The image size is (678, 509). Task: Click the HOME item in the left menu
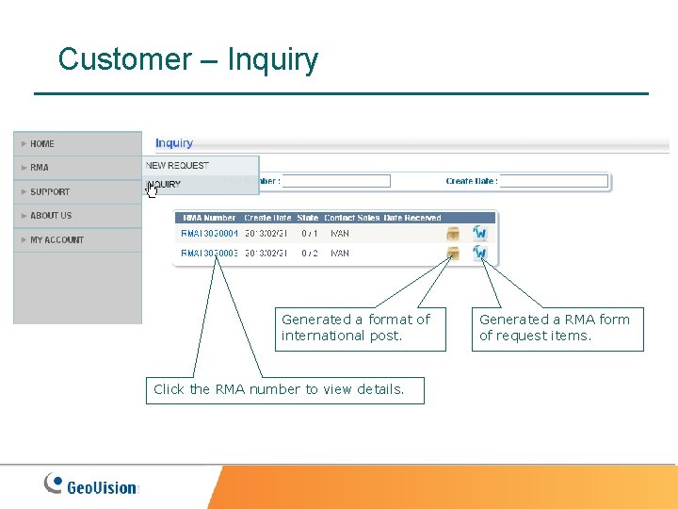tap(42, 144)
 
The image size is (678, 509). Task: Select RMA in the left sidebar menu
tap(40, 168)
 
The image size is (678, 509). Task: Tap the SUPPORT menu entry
tap(50, 192)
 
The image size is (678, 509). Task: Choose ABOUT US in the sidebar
tap(51, 216)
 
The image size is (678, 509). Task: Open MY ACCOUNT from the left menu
tap(56, 240)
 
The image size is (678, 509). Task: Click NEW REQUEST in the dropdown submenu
tap(177, 166)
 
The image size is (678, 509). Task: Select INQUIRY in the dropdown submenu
tap(165, 185)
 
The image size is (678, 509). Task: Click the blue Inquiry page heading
tap(174, 143)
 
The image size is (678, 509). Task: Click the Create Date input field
tap(554, 181)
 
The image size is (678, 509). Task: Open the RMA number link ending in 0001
tap(209, 233)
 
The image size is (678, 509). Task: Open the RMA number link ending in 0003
tap(209, 254)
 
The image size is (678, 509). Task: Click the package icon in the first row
tap(453, 233)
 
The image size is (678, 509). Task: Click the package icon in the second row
tap(453, 254)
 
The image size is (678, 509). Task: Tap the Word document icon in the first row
tap(480, 233)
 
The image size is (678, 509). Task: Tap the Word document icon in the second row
tap(480, 254)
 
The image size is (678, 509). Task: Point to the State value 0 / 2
tap(310, 254)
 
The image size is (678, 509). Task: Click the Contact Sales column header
tap(352, 218)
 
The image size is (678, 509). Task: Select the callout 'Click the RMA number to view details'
tap(284, 389)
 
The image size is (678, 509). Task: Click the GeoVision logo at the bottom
tap(92, 485)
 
